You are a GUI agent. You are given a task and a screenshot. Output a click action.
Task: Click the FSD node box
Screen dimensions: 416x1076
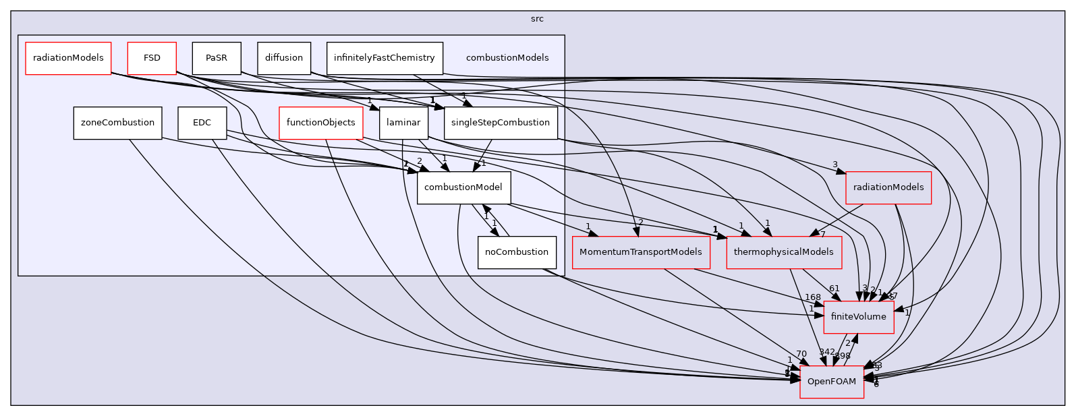(x=152, y=58)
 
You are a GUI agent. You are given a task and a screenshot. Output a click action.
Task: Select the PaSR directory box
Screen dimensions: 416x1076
(x=216, y=58)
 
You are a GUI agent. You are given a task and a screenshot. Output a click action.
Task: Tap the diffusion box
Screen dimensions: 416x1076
(x=284, y=58)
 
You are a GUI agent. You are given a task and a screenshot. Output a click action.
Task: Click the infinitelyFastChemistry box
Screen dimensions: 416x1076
(x=385, y=58)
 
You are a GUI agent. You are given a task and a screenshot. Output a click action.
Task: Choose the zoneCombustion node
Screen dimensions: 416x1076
(x=117, y=123)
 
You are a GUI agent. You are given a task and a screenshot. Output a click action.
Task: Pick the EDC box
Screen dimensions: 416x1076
(x=202, y=123)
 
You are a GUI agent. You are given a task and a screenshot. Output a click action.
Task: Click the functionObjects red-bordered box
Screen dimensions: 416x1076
(x=320, y=123)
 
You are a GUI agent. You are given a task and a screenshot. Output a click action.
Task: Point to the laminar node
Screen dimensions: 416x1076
(x=404, y=123)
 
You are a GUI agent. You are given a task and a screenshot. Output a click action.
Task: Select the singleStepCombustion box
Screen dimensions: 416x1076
(x=501, y=123)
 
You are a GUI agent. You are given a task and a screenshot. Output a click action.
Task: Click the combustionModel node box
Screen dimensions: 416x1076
(x=463, y=188)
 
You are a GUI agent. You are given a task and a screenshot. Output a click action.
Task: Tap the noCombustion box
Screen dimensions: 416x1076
(x=517, y=252)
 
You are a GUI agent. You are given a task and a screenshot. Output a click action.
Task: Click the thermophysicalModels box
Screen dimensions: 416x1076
(x=784, y=252)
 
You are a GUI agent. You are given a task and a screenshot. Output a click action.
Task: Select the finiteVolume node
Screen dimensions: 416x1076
(x=859, y=317)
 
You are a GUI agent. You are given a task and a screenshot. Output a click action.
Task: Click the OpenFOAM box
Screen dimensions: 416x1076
(x=832, y=382)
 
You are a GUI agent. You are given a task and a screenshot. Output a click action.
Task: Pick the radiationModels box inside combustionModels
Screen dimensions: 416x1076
(x=68, y=58)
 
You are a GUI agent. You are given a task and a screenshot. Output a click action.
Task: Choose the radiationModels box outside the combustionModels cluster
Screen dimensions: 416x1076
(x=888, y=188)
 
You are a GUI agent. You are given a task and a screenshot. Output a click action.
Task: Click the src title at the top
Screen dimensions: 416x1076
(x=537, y=19)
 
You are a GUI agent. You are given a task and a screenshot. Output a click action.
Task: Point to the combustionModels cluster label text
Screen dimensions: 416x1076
(x=507, y=58)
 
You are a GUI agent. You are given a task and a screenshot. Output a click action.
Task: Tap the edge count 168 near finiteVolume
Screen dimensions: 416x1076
(x=812, y=297)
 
